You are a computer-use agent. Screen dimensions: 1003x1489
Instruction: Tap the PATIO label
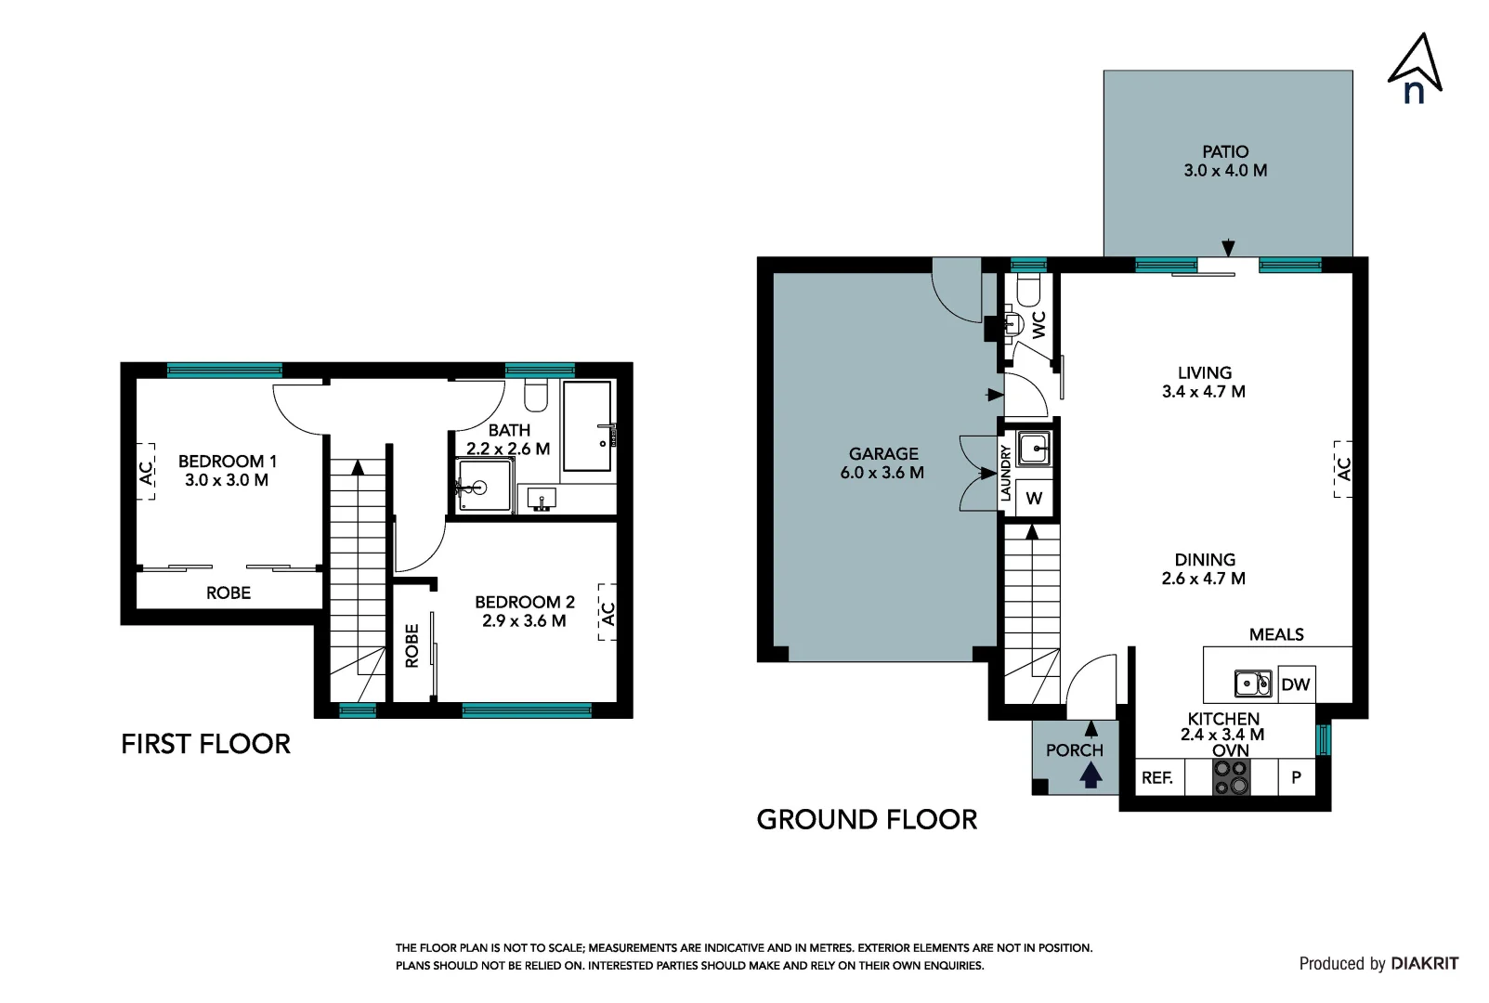pos(1224,151)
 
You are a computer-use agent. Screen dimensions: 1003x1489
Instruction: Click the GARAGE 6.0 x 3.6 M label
pos(882,462)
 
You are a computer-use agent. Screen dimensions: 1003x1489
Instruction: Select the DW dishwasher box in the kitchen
pos(1295,684)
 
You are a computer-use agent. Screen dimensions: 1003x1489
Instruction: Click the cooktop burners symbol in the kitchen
pos(1231,777)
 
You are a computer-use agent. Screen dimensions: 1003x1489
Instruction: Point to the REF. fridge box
pos(1157,777)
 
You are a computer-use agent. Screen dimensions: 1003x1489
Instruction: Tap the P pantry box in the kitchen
pos(1296,777)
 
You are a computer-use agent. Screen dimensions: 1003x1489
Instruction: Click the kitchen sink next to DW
pos(1252,684)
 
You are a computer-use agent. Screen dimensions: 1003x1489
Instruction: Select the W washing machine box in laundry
pos(1033,499)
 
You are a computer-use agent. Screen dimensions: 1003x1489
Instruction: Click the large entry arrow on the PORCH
pos(1091,773)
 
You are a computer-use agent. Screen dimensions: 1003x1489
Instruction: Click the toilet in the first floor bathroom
pos(536,396)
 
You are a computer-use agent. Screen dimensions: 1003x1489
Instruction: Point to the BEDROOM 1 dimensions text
pos(227,480)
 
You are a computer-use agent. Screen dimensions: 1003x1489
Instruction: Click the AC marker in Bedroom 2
pos(607,613)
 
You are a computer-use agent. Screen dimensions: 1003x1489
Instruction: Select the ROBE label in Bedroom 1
pos(228,593)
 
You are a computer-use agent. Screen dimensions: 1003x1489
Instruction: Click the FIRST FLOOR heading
pos(205,744)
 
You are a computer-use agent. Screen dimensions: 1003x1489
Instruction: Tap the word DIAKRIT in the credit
pos(1425,963)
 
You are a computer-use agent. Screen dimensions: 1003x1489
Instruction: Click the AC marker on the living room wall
pos(1343,469)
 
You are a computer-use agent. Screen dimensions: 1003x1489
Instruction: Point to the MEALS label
pos(1275,634)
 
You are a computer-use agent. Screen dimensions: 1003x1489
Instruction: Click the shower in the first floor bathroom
pos(484,486)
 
